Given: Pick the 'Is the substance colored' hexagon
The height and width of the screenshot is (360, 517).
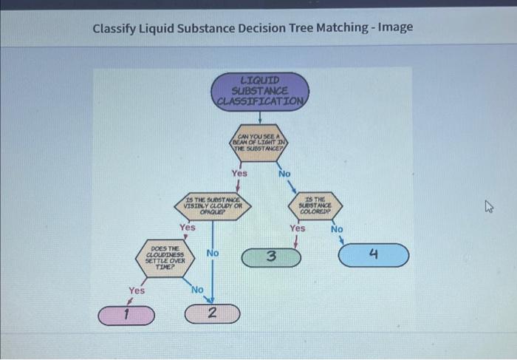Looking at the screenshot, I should point(316,203).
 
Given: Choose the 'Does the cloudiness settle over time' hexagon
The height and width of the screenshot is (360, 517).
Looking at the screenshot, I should point(164,259).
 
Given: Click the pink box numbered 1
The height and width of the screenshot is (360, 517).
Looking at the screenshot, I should point(128,316).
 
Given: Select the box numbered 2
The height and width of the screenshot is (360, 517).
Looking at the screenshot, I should point(212,313).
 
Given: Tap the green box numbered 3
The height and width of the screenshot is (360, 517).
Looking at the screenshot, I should point(272,257).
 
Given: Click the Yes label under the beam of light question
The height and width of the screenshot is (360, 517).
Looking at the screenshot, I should point(239,173).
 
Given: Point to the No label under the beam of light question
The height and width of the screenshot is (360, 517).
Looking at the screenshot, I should point(284,173).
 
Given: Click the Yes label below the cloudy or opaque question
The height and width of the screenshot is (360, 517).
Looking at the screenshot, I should point(188,228).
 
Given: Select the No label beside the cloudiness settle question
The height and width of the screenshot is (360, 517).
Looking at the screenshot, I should point(213,254).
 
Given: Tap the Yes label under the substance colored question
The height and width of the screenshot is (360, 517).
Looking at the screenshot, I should point(297,228).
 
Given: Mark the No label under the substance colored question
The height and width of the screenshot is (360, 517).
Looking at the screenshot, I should point(337,228).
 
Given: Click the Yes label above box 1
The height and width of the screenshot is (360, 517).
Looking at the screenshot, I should point(136,291).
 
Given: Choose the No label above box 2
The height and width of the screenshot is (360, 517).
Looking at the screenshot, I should point(197,290).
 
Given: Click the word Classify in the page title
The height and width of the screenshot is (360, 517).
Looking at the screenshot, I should point(115,28).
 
